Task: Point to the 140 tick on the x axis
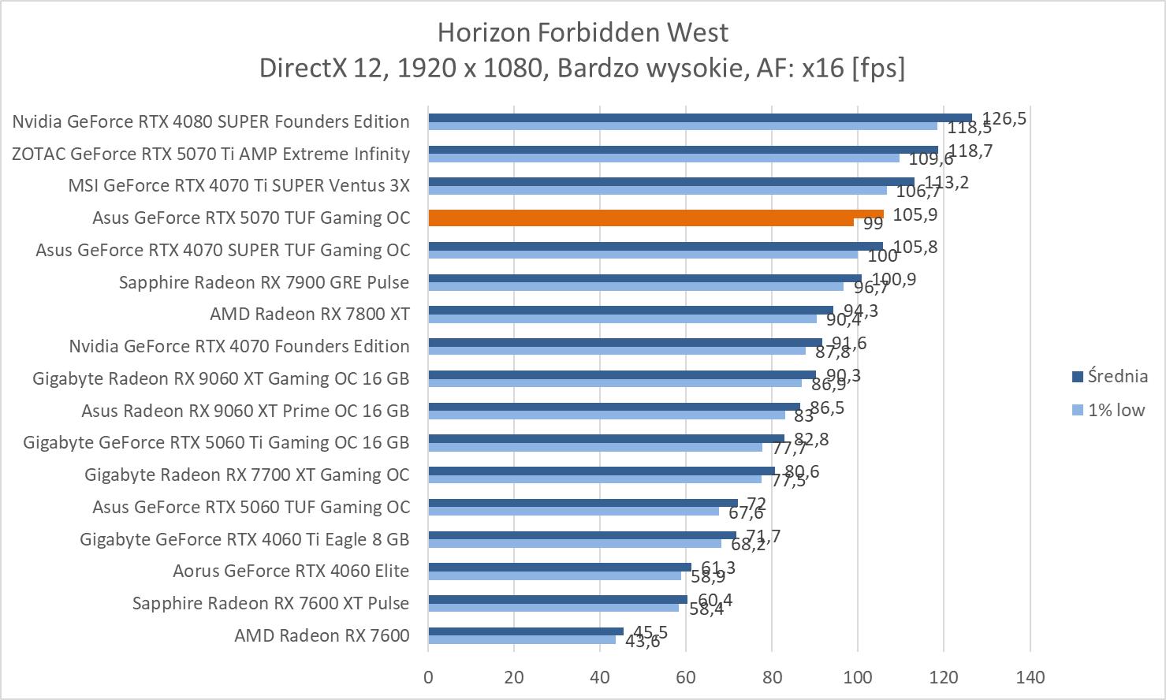[1030, 677]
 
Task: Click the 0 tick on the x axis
[428, 677]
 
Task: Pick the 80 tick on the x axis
[772, 677]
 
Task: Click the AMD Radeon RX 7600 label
[322, 635]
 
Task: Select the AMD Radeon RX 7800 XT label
[310, 314]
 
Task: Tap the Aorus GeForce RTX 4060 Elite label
[291, 571]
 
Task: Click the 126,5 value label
[1004, 118]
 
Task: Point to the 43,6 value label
[643, 642]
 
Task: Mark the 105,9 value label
[915, 214]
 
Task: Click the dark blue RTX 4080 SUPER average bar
[700, 117]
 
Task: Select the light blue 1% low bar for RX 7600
[522, 639]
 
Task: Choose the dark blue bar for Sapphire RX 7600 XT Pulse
[557, 599]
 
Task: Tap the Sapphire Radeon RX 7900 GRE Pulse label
[264, 282]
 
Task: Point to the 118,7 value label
[970, 151]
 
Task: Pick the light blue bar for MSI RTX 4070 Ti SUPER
[658, 190]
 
